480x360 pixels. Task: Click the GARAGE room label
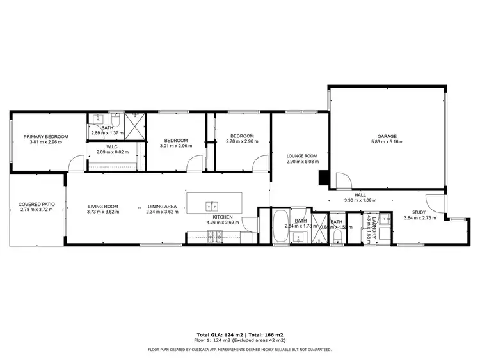(x=387, y=136)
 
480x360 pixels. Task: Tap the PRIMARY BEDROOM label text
(x=46, y=136)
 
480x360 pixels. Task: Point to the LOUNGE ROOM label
(x=301, y=156)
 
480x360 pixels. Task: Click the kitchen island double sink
(x=213, y=206)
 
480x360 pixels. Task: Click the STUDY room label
(x=419, y=212)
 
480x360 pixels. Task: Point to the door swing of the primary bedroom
(x=75, y=165)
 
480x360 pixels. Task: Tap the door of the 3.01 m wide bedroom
(x=193, y=165)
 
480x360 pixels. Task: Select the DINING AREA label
(x=162, y=206)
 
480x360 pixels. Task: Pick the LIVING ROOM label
(x=103, y=206)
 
